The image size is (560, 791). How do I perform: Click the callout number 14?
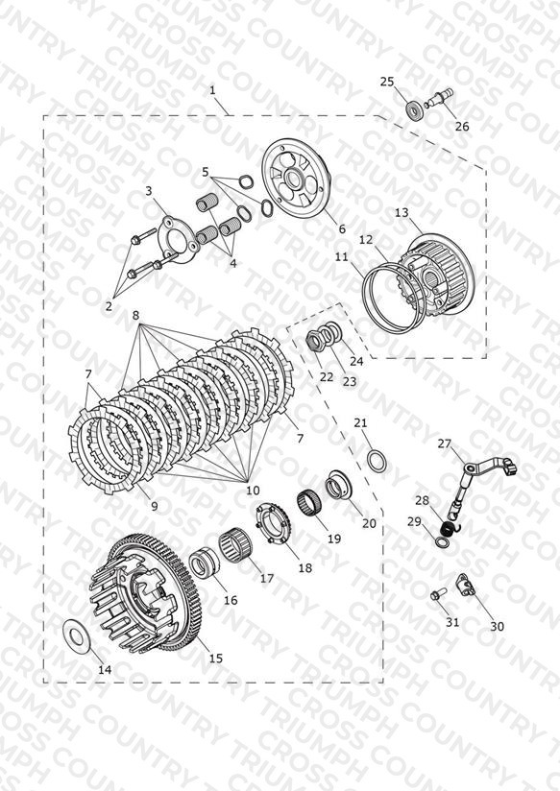pyautogui.click(x=105, y=669)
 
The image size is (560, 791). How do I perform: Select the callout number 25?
pyautogui.click(x=387, y=82)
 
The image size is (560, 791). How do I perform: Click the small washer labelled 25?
pyautogui.click(x=414, y=110)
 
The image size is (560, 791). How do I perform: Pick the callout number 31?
pyautogui.click(x=452, y=621)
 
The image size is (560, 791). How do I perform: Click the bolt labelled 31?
pyautogui.click(x=437, y=594)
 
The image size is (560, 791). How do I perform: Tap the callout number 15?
pyautogui.click(x=215, y=658)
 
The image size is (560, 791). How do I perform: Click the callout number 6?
pyautogui.click(x=342, y=228)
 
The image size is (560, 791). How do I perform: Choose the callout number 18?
pyautogui.click(x=305, y=567)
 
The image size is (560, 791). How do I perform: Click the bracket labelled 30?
pyautogui.click(x=468, y=587)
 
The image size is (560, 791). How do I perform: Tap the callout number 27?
pyautogui.click(x=445, y=443)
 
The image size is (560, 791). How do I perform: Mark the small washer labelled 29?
pyautogui.click(x=441, y=541)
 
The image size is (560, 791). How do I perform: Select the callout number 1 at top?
pyautogui.click(x=212, y=90)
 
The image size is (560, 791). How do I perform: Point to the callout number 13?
pyautogui.click(x=402, y=213)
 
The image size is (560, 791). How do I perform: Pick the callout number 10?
pyautogui.click(x=253, y=490)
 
